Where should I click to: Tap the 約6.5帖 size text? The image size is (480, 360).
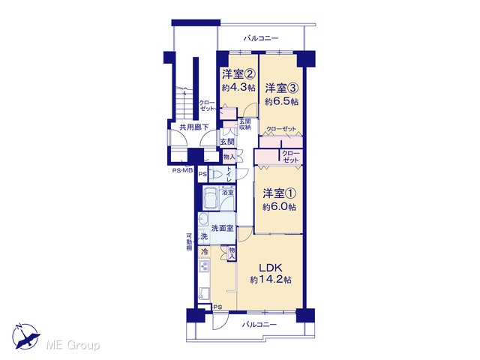(281, 102)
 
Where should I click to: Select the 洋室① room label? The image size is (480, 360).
(279, 193)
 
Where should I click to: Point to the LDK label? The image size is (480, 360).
(271, 268)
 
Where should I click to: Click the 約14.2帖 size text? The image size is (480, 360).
(271, 280)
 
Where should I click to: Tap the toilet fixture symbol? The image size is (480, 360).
(216, 175)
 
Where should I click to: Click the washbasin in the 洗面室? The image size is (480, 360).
(202, 219)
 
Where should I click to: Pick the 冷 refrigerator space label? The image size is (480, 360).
(204, 252)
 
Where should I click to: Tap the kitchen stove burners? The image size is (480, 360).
(203, 266)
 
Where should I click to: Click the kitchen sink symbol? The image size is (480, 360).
(203, 293)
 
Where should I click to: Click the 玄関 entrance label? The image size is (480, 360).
(227, 142)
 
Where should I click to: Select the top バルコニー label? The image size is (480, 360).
(261, 38)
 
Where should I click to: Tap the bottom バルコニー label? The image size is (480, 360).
(259, 325)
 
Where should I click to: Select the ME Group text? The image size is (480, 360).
(73, 345)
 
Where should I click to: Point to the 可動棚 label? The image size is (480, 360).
(190, 242)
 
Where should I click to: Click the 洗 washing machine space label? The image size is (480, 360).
(204, 236)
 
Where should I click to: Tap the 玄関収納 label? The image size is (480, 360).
(245, 124)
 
